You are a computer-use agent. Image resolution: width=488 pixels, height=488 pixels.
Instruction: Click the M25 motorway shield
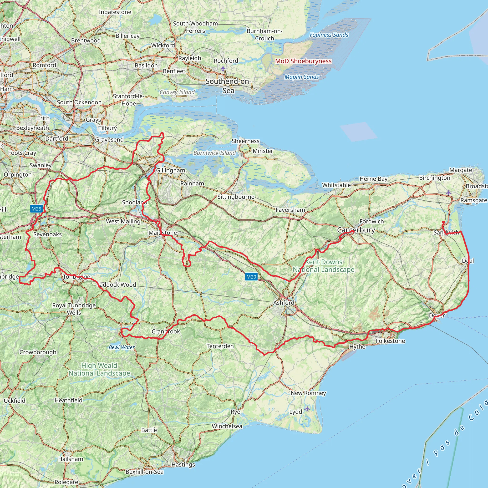36,209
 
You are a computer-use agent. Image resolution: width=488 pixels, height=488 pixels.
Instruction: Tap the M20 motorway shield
251,277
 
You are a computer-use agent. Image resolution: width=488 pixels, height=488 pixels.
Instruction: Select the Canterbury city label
356,230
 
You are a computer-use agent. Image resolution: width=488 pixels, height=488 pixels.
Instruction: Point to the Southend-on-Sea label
228,86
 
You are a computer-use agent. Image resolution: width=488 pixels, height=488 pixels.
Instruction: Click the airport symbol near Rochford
223,68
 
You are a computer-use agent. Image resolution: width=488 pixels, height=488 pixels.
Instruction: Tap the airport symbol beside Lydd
307,409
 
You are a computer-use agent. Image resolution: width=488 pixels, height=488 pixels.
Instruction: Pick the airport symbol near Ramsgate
448,193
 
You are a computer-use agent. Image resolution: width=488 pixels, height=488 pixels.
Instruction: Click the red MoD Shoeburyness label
303,61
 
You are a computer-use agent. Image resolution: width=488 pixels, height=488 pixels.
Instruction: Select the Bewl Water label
122,347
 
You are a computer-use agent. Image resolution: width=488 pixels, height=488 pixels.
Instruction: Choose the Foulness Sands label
329,35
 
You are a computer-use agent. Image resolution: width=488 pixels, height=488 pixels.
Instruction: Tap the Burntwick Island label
214,153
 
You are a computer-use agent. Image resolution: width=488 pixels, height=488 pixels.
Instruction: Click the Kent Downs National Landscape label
324,266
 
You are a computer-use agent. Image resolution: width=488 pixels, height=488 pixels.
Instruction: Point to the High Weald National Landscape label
99,369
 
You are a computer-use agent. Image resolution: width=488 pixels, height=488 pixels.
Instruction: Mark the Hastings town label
183,464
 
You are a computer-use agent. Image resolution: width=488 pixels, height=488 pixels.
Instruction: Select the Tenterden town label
220,346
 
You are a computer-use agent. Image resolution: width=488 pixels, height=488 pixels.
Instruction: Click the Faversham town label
290,210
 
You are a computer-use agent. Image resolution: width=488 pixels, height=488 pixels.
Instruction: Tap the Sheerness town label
245,141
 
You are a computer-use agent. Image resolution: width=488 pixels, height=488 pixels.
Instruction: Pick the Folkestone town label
390,341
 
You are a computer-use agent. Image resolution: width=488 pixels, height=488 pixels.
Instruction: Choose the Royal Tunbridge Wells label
74,309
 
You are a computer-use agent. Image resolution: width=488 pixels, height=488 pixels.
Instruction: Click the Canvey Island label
177,92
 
